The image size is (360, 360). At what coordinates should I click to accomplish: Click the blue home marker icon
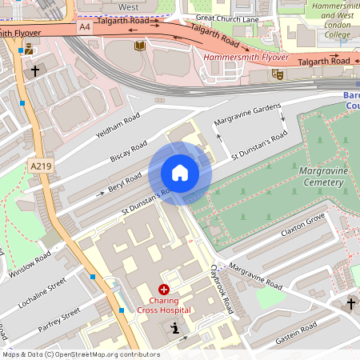tap(179, 173)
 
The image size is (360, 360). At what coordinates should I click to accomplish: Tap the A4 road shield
tap(85, 26)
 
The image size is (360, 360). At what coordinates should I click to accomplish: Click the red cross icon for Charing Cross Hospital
tap(164, 289)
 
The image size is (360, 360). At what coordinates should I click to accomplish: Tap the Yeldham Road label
tap(118, 126)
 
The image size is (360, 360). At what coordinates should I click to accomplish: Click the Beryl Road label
tap(125, 182)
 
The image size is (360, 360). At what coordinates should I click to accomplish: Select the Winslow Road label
tap(30, 263)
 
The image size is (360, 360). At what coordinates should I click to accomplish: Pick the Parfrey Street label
tap(59, 316)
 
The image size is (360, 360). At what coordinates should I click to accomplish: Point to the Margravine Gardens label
tap(245, 117)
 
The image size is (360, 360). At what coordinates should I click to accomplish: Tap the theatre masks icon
tap(278, 74)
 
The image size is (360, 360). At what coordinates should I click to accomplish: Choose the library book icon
tap(140, 46)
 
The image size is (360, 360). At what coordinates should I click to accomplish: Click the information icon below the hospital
tap(175, 328)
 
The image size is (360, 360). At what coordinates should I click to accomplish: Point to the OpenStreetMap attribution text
tap(81, 354)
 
